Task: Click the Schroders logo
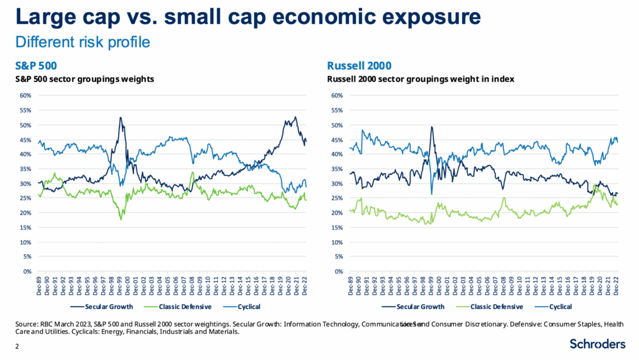point(597,344)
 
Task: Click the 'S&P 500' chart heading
point(36,66)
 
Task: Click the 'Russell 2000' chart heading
point(359,66)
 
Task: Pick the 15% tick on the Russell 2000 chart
point(337,227)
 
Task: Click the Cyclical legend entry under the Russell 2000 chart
point(560,306)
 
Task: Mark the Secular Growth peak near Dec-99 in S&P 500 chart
point(120,118)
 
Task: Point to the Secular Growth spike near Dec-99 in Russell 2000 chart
point(431,127)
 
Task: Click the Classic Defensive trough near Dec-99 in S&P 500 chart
point(121,219)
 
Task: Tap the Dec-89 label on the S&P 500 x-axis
point(39,285)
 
